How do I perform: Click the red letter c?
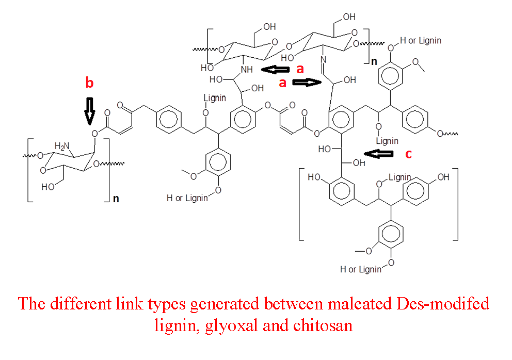tap(408, 154)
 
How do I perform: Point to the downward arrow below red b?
tap(89, 110)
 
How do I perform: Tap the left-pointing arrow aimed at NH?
tap(275, 69)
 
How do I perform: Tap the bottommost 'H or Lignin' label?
tap(361, 269)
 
